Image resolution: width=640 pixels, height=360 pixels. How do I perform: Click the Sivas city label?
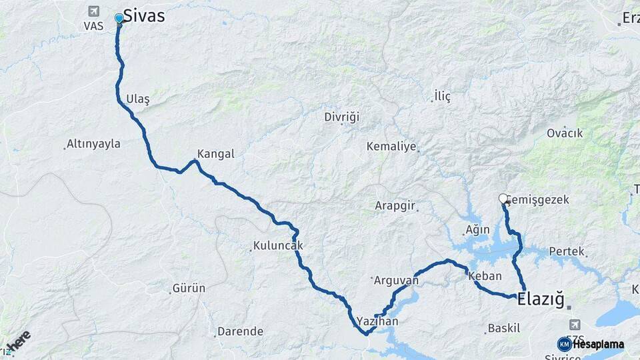pyautogui.click(x=144, y=17)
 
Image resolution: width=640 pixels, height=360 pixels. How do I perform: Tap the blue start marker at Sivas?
pyautogui.click(x=119, y=18)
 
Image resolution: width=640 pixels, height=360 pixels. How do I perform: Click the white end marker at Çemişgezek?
pyautogui.click(x=503, y=198)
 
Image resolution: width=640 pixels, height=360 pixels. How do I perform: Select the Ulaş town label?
pyautogui.click(x=137, y=99)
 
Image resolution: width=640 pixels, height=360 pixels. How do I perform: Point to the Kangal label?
pyautogui.click(x=216, y=153)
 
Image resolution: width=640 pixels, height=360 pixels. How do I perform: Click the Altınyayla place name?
pyautogui.click(x=94, y=144)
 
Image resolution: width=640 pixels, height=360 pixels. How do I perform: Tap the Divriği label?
pyautogui.click(x=341, y=117)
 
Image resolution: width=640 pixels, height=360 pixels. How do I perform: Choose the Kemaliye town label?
pyautogui.click(x=391, y=146)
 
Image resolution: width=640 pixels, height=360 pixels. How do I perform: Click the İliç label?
pyautogui.click(x=442, y=97)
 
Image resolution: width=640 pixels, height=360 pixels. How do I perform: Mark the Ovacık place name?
pyautogui.click(x=565, y=133)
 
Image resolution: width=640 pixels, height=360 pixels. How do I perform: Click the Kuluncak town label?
pyautogui.click(x=278, y=245)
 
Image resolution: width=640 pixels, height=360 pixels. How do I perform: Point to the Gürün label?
pyautogui.click(x=189, y=289)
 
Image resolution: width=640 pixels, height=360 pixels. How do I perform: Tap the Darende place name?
pyautogui.click(x=240, y=331)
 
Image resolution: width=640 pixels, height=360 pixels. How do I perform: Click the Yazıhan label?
pyautogui.click(x=377, y=321)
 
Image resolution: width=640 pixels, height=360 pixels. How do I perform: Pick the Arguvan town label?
pyautogui.click(x=396, y=281)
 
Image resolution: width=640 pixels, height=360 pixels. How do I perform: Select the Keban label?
pyautogui.click(x=485, y=275)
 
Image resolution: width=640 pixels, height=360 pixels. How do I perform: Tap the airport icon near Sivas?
pyautogui.click(x=93, y=12)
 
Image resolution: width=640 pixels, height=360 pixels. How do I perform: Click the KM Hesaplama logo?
pyautogui.click(x=591, y=344)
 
